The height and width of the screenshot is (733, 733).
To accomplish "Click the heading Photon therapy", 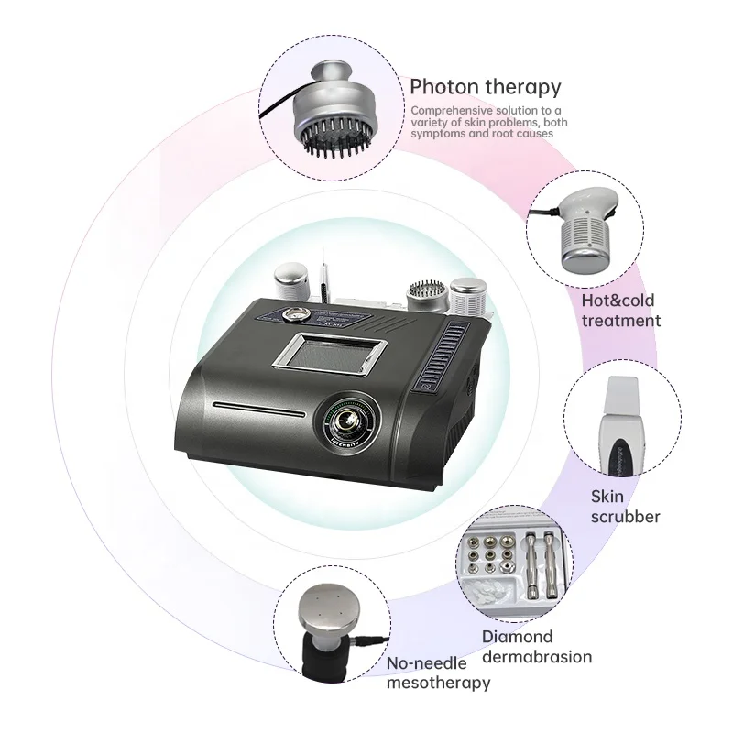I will point(485,87).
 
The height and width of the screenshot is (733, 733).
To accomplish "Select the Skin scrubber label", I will point(626,507).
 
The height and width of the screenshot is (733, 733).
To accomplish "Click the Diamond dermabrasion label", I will point(536,647).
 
